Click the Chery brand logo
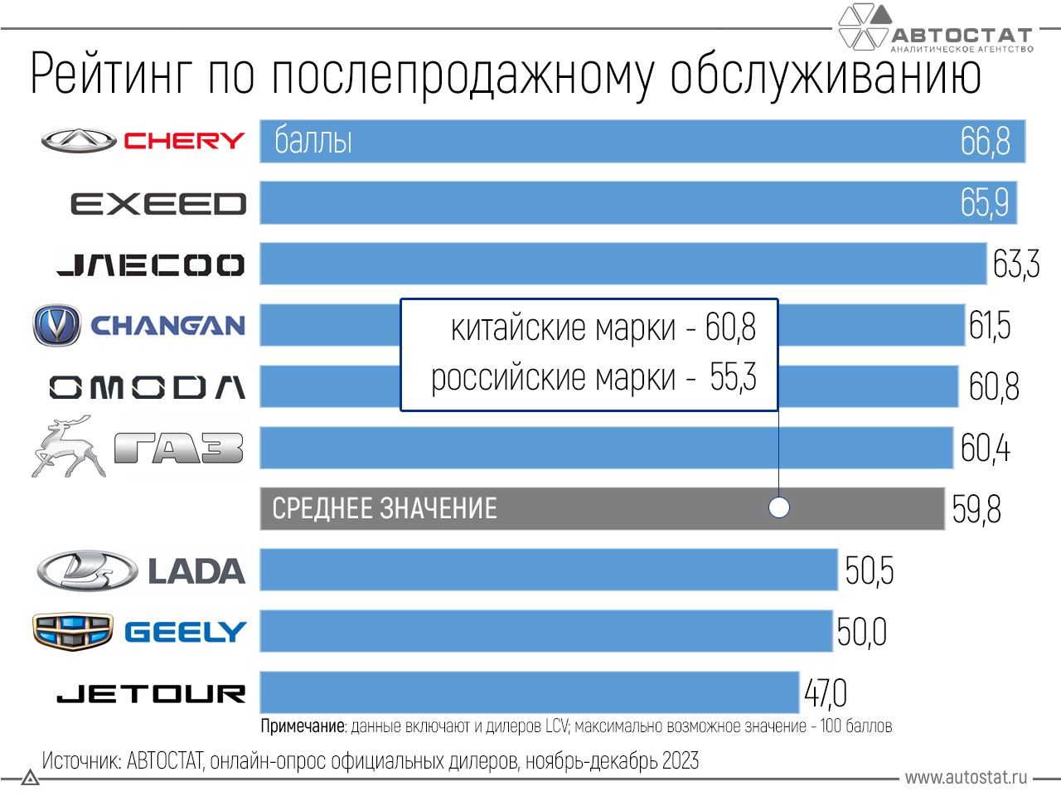pos(143,141)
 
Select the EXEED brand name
pos(158,204)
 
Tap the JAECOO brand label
pos(151,265)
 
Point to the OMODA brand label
pos(148,387)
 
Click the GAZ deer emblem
pos(68,448)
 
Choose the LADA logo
pos(141,570)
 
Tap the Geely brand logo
pos(139,632)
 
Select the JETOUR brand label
pos(151,693)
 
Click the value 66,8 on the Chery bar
pos(986,141)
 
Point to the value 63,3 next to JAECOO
pos(1015,265)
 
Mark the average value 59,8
pos(976,509)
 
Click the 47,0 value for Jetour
pos(826,693)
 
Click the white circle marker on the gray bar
pos(779,507)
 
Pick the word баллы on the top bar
pos(313,141)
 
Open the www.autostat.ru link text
pos(966,777)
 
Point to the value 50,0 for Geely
pos(862,632)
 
